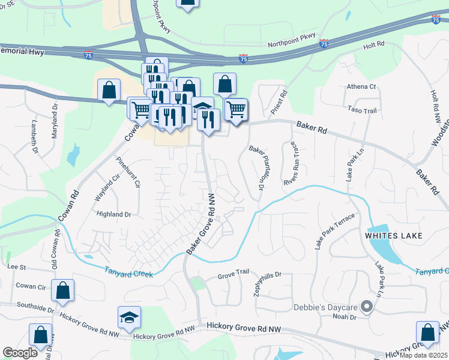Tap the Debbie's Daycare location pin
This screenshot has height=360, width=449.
(367, 307)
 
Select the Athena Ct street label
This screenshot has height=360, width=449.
(361, 86)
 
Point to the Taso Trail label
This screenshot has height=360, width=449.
(362, 110)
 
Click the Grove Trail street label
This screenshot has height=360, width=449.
(233, 272)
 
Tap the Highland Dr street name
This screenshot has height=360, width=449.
(114, 214)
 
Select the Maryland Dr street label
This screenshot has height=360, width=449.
(54, 121)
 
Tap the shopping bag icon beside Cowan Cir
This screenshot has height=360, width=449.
(63, 290)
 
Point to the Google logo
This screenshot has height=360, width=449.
(20, 353)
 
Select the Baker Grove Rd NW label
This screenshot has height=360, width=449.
(202, 223)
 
